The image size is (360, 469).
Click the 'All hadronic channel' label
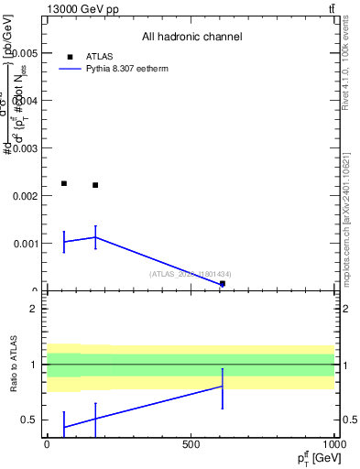click(x=191, y=38)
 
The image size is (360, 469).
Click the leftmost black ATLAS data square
click(x=63, y=183)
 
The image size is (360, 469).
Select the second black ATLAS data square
click(x=95, y=185)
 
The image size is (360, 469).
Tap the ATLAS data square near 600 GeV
click(x=223, y=284)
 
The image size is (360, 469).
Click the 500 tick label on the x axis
click(x=191, y=443)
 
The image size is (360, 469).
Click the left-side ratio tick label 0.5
click(x=28, y=420)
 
